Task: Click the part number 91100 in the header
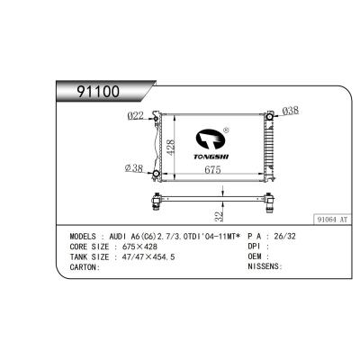[98, 92]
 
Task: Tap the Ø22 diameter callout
[136, 116]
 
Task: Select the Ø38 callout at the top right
[291, 111]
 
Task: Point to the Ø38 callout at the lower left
[134, 168]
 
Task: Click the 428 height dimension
[170, 147]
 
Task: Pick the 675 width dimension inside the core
[212, 170]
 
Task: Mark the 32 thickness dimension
[220, 217]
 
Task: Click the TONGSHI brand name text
[211, 157]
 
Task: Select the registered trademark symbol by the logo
[227, 130]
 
